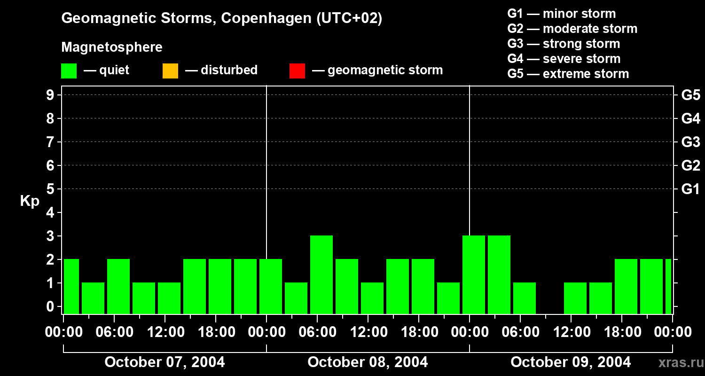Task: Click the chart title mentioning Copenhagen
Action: (222, 18)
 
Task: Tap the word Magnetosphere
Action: (112, 47)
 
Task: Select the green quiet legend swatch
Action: (69, 71)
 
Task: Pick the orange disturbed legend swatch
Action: (170, 71)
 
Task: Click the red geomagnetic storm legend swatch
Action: (297, 71)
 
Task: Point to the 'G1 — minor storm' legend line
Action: (561, 14)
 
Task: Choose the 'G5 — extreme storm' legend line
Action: (568, 74)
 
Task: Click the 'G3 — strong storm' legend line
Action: (564, 44)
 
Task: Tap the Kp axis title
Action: (30, 201)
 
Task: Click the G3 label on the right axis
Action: (690, 142)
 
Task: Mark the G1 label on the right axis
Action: (690, 189)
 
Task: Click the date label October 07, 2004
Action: (164, 362)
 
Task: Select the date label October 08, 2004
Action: (368, 362)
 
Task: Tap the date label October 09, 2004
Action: (571, 362)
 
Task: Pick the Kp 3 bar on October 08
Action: (321, 274)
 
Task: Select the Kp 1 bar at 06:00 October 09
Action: (525, 298)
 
